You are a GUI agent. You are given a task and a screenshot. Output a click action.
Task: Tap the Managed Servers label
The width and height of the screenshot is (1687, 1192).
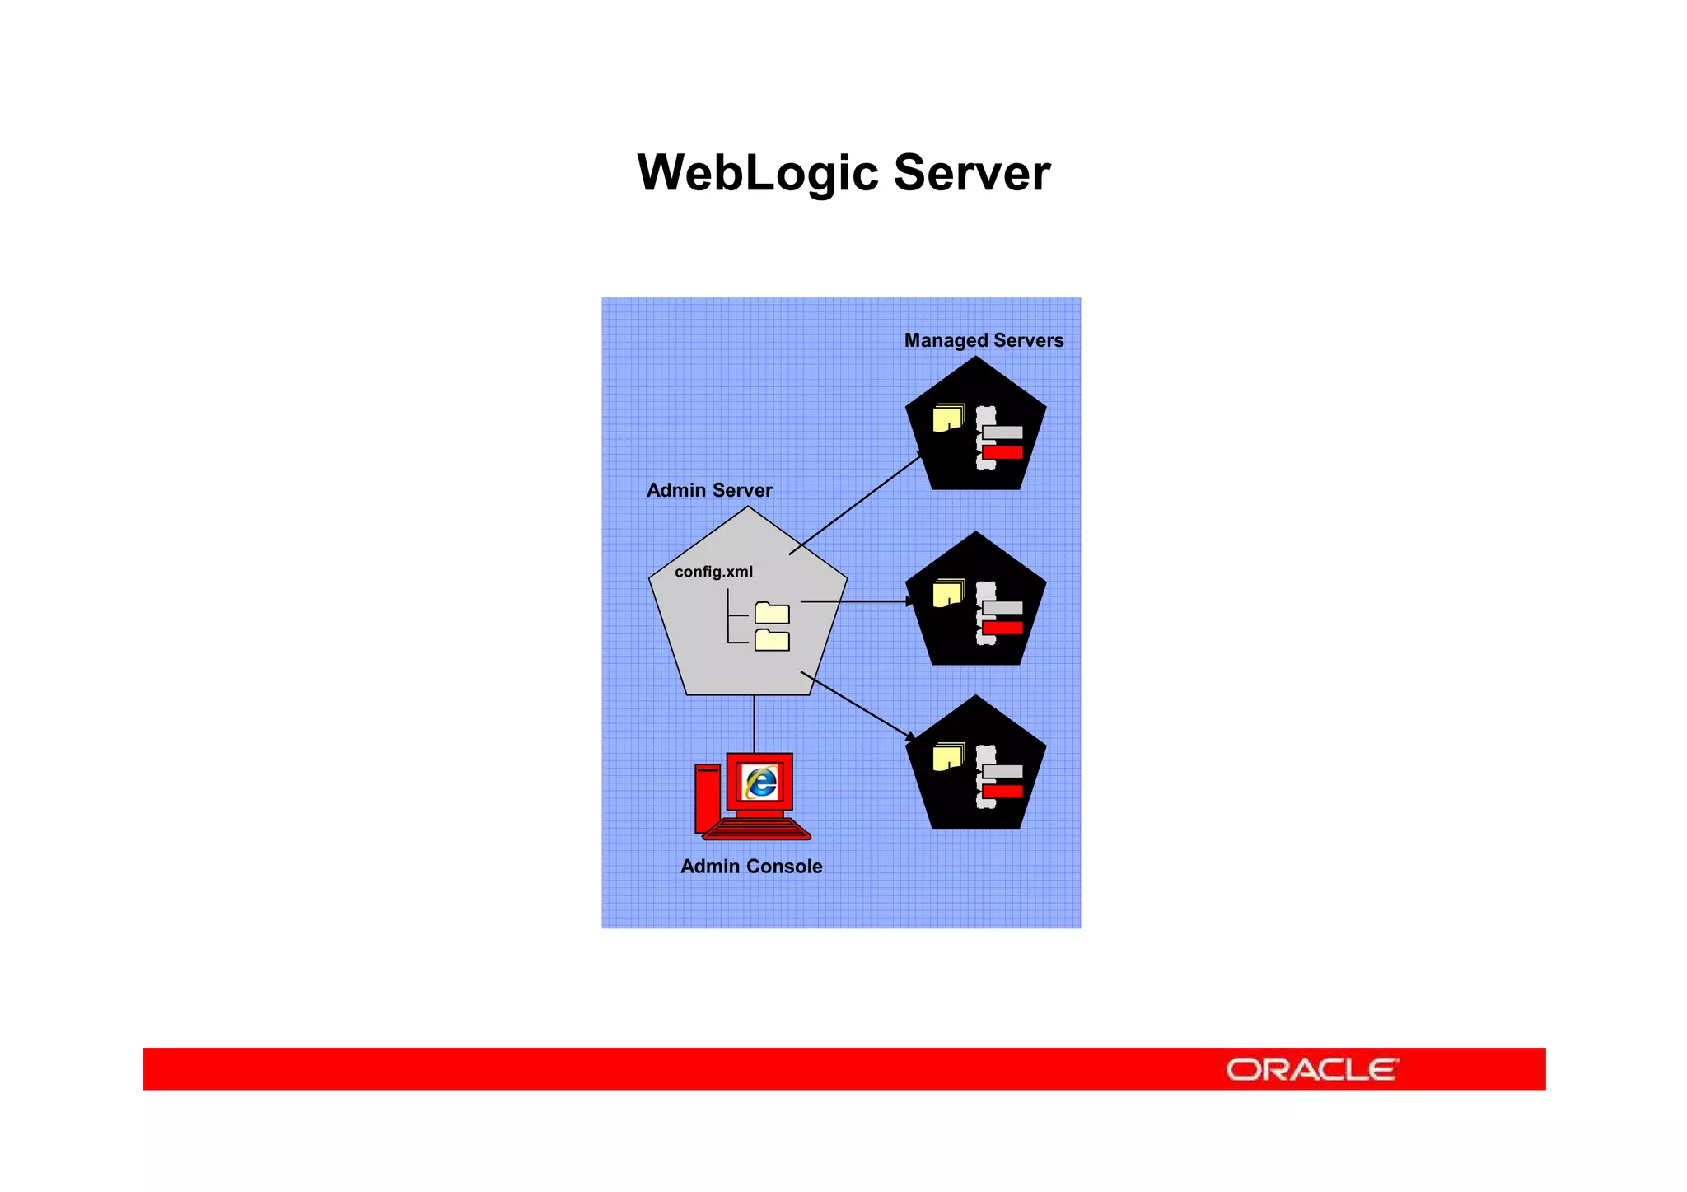click(x=984, y=340)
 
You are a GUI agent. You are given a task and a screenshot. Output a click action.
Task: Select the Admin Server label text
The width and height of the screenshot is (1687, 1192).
click(x=709, y=490)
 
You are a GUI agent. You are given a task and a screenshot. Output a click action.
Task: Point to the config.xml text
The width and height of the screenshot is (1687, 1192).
click(x=713, y=572)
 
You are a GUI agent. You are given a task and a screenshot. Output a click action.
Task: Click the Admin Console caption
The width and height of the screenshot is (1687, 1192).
click(x=751, y=866)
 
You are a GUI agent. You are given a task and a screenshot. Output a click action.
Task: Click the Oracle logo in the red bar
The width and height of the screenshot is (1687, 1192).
click(x=1312, y=1069)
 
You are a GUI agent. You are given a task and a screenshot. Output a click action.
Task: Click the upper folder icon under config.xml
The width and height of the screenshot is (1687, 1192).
click(x=772, y=613)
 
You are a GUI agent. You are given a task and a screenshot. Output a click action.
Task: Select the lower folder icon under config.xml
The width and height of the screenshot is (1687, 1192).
click(x=772, y=640)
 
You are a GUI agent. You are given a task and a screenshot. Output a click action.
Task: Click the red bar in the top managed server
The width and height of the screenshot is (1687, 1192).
click(x=1002, y=452)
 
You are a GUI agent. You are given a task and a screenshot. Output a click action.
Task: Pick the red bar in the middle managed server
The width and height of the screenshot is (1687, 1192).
click(x=1002, y=628)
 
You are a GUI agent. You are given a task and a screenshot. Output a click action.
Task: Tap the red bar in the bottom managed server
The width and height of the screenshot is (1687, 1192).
click(x=1002, y=792)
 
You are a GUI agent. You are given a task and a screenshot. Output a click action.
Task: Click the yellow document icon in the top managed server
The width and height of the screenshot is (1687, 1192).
click(x=948, y=418)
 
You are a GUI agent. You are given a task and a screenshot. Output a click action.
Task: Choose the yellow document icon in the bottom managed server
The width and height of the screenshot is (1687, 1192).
click(x=948, y=756)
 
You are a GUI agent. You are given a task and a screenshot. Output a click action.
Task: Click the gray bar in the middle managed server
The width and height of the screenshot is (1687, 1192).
click(x=1002, y=608)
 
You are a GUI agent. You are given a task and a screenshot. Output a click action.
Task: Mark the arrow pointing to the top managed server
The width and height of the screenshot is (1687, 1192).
click(x=857, y=503)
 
